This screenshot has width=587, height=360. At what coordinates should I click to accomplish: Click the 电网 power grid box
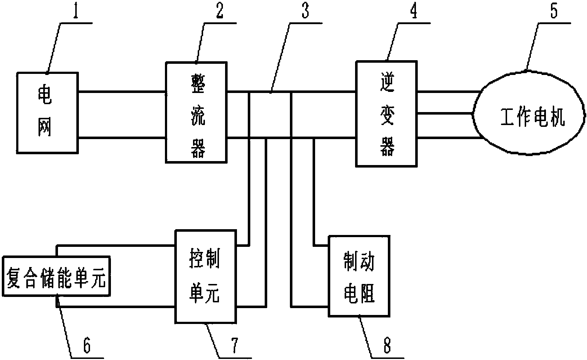coord(47,112)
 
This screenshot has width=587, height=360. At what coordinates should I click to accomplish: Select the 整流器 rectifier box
coord(197,112)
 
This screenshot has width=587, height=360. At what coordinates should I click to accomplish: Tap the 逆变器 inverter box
coord(386,113)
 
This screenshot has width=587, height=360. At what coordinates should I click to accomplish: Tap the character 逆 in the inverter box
coord(387,81)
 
